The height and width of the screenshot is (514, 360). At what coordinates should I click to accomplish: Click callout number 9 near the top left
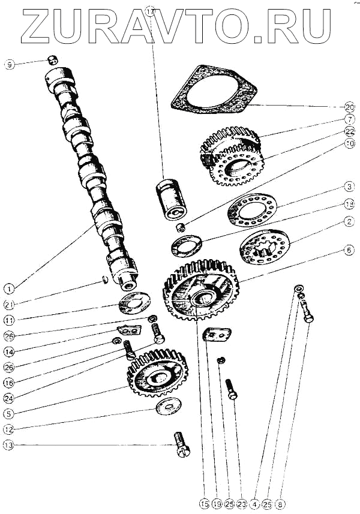8,64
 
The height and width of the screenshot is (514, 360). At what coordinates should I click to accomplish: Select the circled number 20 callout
350,107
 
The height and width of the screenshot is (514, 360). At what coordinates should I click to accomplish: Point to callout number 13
8,445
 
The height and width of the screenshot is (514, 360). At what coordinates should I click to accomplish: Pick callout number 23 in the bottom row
241,504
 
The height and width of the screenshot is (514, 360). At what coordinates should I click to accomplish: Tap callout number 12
8,429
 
